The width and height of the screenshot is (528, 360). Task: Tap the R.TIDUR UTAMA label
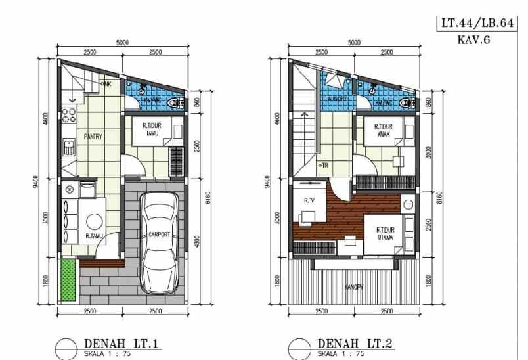tap(385, 233)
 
